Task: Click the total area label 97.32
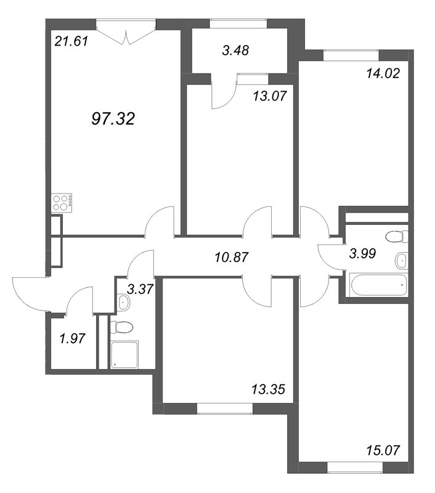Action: (113, 118)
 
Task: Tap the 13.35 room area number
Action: (267, 389)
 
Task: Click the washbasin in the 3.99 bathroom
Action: (401, 260)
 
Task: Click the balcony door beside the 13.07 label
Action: (224, 94)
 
